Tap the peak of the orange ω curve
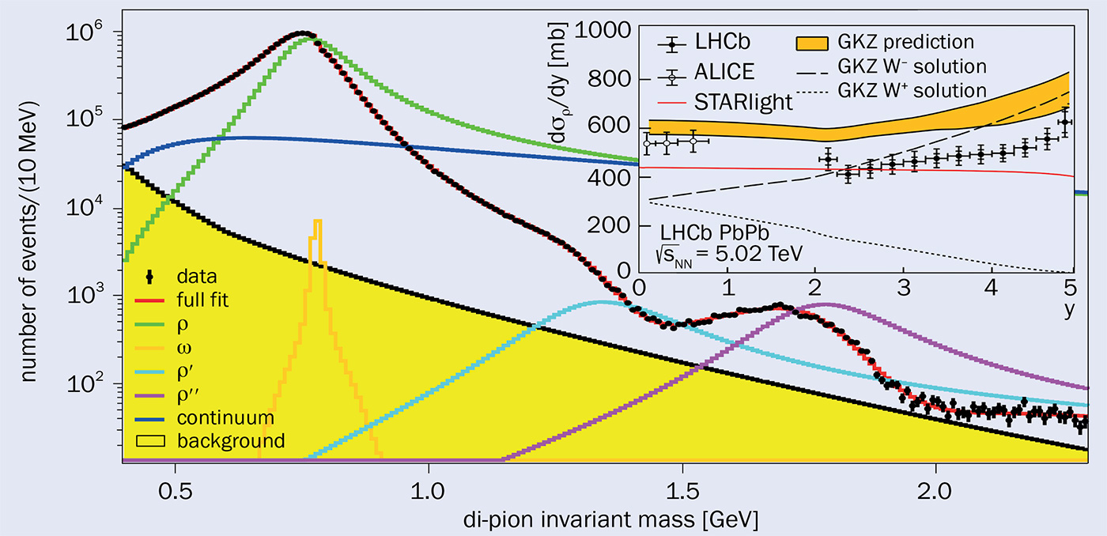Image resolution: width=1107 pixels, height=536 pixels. click(x=317, y=221)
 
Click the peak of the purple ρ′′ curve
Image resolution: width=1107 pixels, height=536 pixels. click(x=826, y=304)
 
